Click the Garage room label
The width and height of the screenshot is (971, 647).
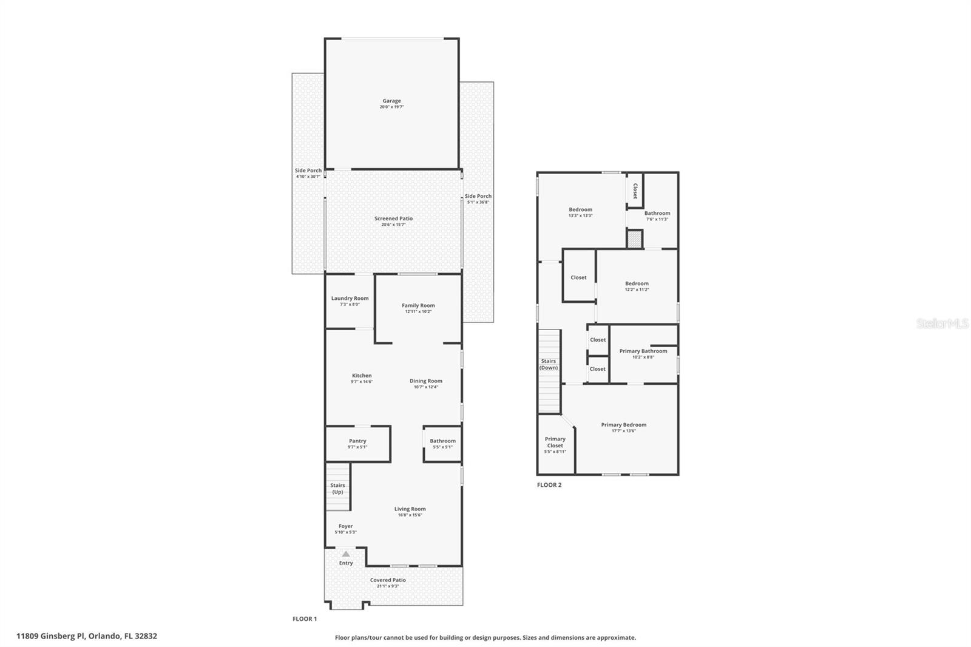coord(391,101)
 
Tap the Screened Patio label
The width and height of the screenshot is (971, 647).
coord(393,218)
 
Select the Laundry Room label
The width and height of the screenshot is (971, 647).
coord(350,298)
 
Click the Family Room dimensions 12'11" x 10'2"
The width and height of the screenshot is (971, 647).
coord(418,312)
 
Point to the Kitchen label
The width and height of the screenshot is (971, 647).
coord(362,376)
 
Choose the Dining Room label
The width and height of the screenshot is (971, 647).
coord(425,381)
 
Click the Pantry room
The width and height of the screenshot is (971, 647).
coord(357,444)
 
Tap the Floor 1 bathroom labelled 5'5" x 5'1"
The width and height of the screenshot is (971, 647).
coord(442,444)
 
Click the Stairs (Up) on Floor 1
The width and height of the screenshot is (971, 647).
coord(338,488)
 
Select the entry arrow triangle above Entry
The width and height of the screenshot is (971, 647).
coord(346,554)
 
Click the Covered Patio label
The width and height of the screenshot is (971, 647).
coord(388,580)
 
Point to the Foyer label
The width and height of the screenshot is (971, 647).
coord(345,526)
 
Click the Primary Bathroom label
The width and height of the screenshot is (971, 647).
coord(643,351)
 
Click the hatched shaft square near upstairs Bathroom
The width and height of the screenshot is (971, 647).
coord(634,239)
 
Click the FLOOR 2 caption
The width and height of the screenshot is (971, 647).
coord(549,485)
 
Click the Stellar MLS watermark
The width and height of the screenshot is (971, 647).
coord(942,324)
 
